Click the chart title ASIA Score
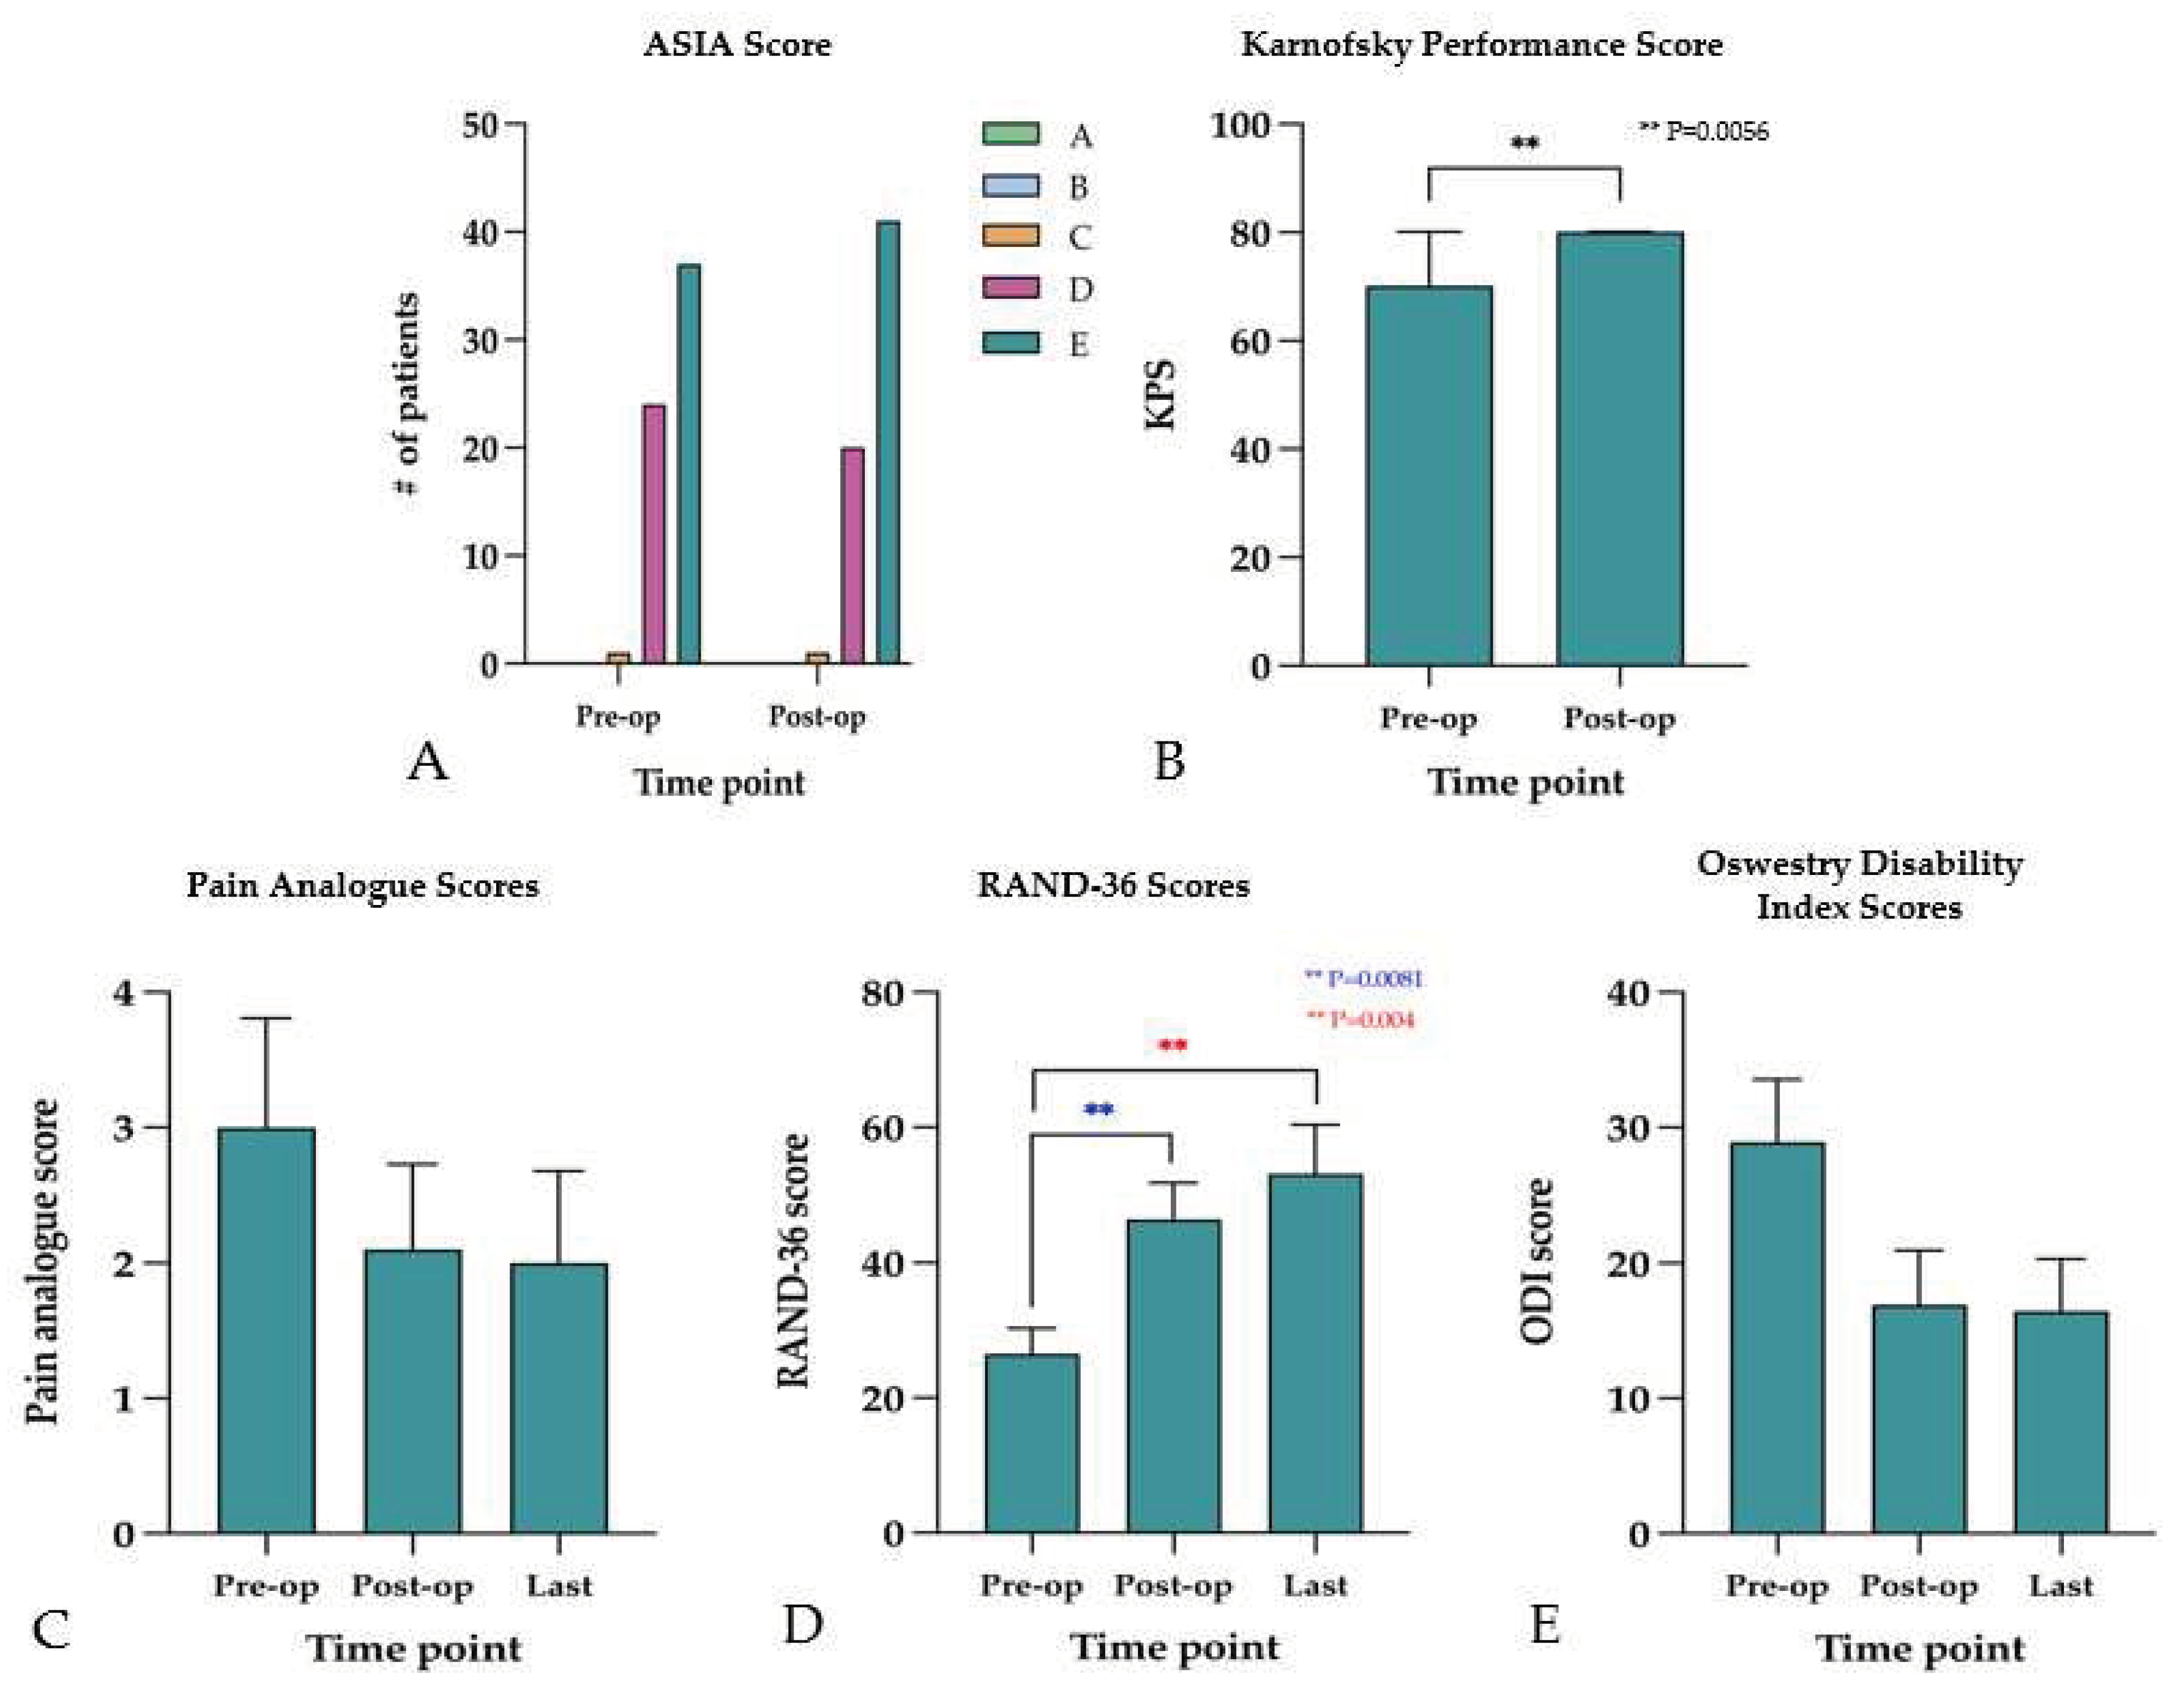pyautogui.click(x=737, y=45)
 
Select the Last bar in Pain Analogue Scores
pyautogui.click(x=559, y=1398)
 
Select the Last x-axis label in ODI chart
pyautogui.click(x=2061, y=1586)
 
